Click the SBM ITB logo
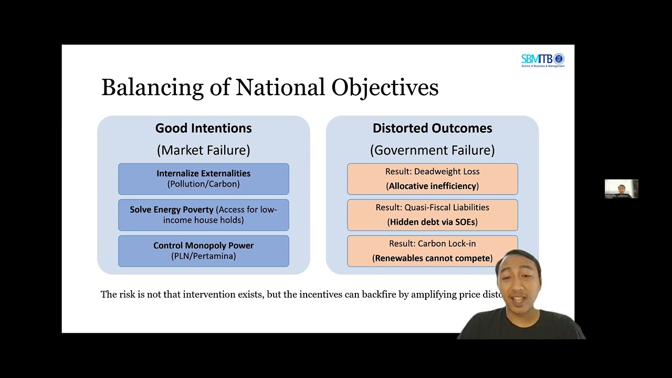[542, 60]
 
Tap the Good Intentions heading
[203, 128]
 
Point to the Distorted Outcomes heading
[432, 128]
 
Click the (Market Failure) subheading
[203, 150]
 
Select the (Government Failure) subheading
[432, 150]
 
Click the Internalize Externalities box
[203, 178]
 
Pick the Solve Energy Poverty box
[203, 215]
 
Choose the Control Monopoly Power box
[203, 251]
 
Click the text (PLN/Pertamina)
[203, 256]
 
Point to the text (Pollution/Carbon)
[203, 184]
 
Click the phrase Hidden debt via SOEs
[432, 222]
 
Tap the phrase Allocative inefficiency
[432, 186]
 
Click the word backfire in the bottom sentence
[380, 295]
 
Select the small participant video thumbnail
[621, 188]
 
